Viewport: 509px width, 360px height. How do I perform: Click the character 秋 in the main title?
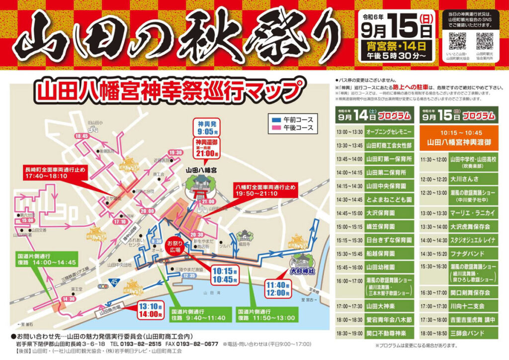click(x=215, y=37)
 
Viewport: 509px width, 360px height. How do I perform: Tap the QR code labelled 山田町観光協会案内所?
click(x=485, y=41)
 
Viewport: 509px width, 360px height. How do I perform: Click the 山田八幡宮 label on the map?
click(x=201, y=170)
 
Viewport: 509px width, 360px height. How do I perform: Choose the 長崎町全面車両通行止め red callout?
click(x=55, y=173)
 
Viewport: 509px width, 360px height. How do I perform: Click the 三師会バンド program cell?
click(x=465, y=334)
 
